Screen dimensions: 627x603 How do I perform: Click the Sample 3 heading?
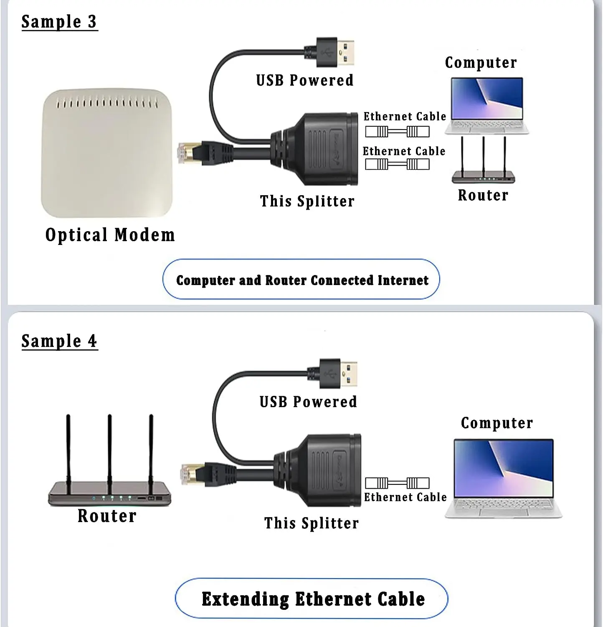coord(59,22)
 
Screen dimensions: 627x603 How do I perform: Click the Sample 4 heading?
coord(59,341)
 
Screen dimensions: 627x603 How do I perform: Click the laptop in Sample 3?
coord(486,105)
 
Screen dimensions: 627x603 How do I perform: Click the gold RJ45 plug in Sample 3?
coord(186,153)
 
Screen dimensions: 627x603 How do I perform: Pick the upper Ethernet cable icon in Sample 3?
coord(397,132)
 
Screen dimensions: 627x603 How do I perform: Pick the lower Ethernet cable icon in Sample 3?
coord(397,164)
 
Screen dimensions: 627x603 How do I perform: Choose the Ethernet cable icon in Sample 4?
coord(397,483)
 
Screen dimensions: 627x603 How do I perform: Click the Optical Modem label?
coord(110,235)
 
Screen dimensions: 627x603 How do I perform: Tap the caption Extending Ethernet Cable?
coord(313,599)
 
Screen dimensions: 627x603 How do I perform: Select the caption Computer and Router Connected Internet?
coord(302,280)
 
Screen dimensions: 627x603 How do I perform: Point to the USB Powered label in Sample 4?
coord(308,402)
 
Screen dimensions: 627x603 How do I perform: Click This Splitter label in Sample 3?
coord(307,201)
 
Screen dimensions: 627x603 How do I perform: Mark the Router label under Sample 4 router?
coord(107,516)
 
